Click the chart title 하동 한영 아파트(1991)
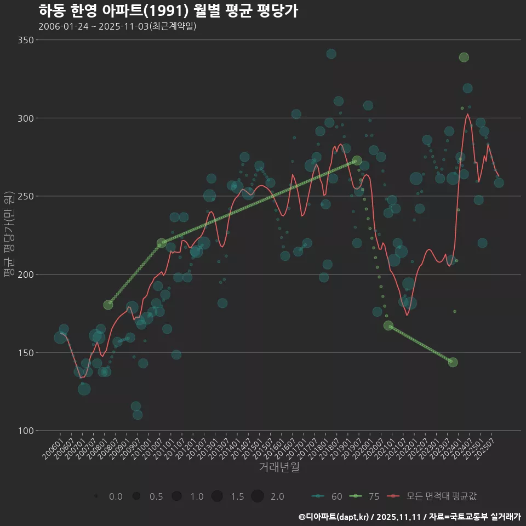[168, 10]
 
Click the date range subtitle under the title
[117, 26]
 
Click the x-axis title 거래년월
[279, 467]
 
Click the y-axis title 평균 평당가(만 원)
[8, 236]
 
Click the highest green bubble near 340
[464, 58]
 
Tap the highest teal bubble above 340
[331, 54]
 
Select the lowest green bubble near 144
[453, 362]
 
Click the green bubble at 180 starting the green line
[108, 305]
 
